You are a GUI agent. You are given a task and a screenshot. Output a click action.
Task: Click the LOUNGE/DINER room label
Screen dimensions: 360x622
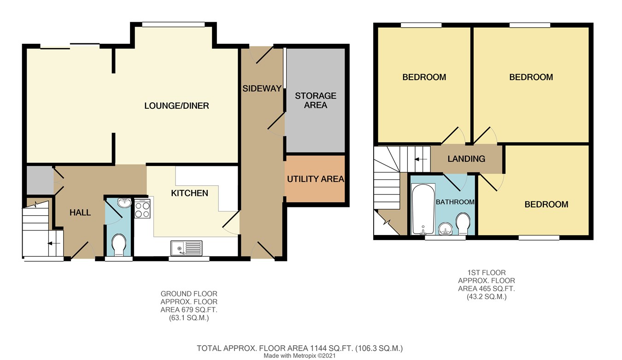(176, 106)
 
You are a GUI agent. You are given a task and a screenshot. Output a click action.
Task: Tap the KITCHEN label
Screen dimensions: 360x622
(189, 193)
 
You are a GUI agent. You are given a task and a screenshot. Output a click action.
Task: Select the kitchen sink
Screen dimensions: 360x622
(186, 248)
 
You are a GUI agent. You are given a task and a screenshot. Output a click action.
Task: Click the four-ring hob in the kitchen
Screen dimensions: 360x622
(142, 210)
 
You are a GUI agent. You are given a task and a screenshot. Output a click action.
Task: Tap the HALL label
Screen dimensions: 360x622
(80, 212)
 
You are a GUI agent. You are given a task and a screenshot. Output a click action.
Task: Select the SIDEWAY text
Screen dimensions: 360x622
(262, 89)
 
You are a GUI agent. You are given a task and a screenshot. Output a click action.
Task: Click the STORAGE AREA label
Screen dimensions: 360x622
(316, 100)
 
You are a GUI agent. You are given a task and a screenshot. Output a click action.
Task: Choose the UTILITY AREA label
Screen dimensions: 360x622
(315, 179)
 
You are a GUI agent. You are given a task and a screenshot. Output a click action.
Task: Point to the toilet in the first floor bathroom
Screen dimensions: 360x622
(462, 224)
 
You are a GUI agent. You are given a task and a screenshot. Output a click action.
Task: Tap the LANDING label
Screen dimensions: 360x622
(466, 159)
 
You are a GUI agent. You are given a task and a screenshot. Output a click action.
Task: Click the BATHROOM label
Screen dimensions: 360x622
(455, 202)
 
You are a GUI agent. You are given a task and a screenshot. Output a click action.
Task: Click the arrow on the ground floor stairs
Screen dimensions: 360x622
(56, 245)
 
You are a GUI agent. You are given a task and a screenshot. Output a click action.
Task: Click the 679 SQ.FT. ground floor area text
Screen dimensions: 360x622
(188, 310)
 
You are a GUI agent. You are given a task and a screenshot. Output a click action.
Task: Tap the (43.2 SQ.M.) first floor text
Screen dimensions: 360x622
(486, 297)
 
